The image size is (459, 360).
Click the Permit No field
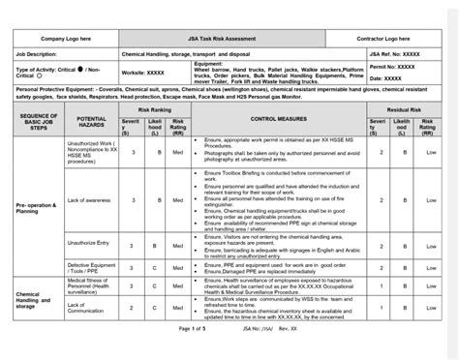(380, 67)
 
